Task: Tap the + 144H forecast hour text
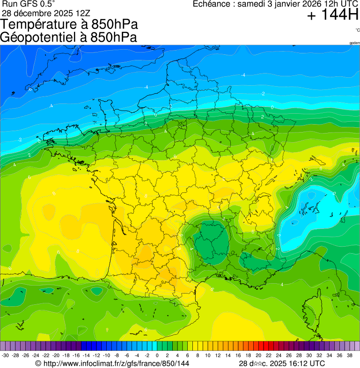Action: pos(333,16)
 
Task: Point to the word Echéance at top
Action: pos(213,4)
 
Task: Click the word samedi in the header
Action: pos(253,4)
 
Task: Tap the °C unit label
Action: pos(357,30)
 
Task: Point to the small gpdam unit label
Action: pos(354,43)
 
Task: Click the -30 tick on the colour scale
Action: pos(6,355)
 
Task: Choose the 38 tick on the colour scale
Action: pos(350,355)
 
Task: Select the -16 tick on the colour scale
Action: pos(76,355)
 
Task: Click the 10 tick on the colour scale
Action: pos(207,355)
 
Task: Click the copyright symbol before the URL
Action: pos(39,363)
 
